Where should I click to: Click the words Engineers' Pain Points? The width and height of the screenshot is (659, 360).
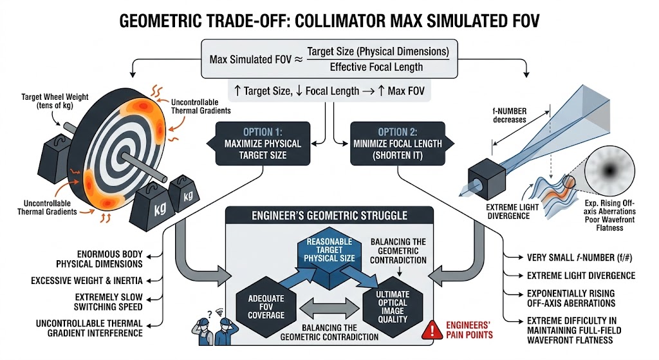[465, 330]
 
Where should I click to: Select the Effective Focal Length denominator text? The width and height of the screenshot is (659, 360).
[376, 66]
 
